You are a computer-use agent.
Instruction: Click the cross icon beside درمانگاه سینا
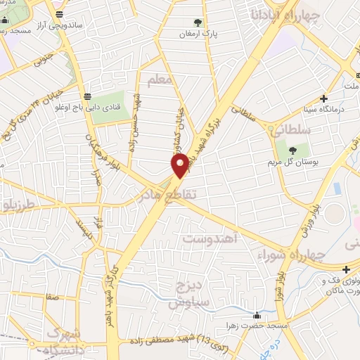tap(323, 98)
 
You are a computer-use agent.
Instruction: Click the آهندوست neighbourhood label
tap(210, 239)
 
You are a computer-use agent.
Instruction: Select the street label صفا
tap(51, 297)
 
